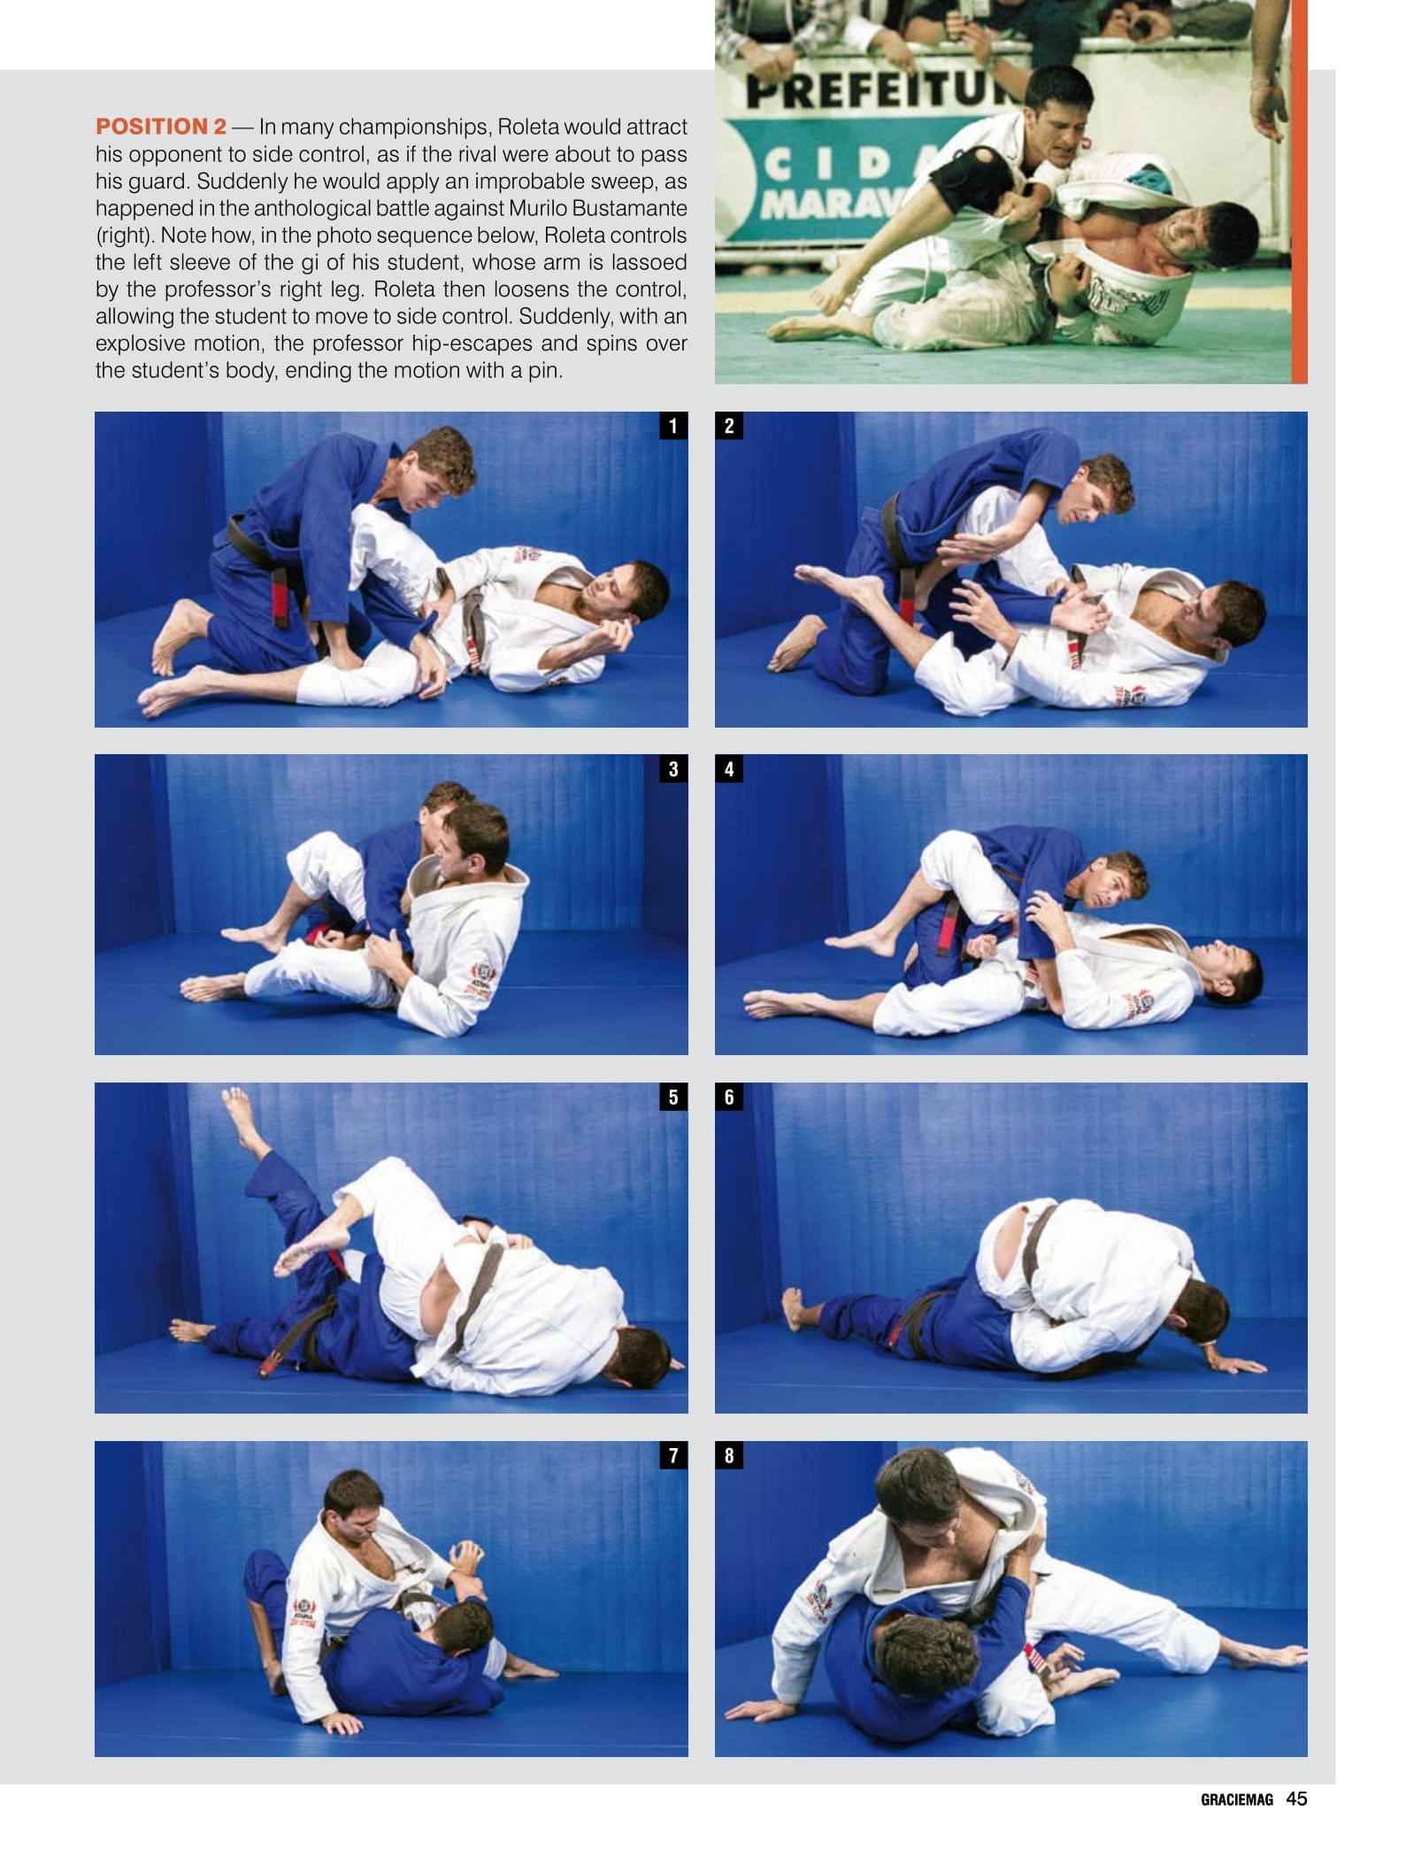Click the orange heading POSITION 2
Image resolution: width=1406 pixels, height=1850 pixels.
pyautogui.click(x=161, y=127)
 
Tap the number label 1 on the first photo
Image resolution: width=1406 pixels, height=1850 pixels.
pyautogui.click(x=673, y=426)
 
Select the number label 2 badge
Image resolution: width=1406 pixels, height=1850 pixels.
pyautogui.click(x=729, y=426)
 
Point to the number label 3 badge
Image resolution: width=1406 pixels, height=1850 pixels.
pyautogui.click(x=673, y=768)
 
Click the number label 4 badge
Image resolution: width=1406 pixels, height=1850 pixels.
pyautogui.click(x=729, y=768)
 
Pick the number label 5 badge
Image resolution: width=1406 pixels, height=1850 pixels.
pyautogui.click(x=673, y=1097)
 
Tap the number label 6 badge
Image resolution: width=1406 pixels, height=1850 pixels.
pyautogui.click(x=729, y=1097)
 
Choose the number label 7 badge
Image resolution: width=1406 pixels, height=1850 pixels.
pyautogui.click(x=673, y=1455)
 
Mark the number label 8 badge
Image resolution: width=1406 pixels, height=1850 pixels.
pyautogui.click(x=729, y=1455)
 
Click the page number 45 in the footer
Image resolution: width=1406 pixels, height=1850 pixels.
pyautogui.click(x=1296, y=1798)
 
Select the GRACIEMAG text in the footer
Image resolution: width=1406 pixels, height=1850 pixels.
pyautogui.click(x=1236, y=1800)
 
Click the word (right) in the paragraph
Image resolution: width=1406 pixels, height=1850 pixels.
pyautogui.click(x=125, y=236)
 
